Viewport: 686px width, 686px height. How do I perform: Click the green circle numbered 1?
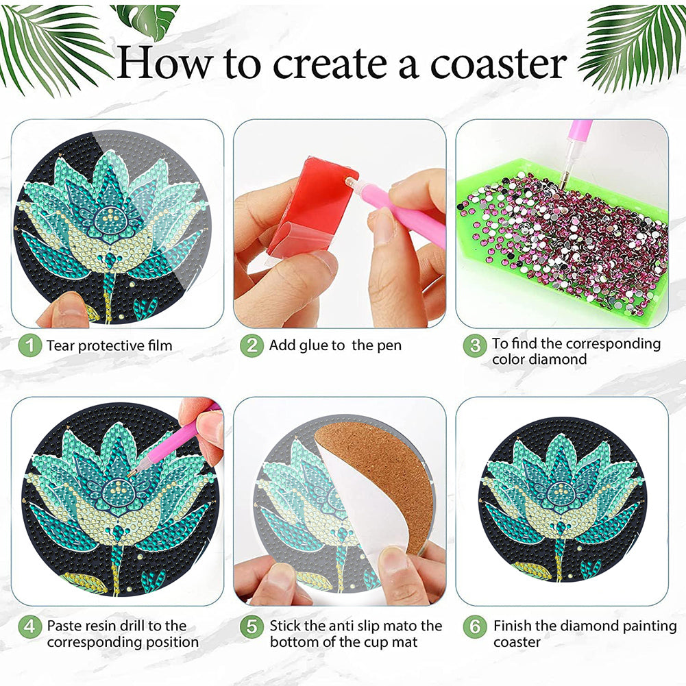click(x=29, y=345)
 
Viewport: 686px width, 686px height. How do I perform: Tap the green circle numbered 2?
click(x=252, y=345)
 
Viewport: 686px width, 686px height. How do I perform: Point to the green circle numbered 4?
click(x=29, y=626)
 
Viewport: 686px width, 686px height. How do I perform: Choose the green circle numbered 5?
click(x=252, y=626)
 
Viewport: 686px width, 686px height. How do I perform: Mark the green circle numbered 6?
click(x=475, y=626)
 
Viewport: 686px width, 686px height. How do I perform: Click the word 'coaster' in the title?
click(x=498, y=64)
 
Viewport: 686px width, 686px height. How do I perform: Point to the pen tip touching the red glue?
click(x=349, y=180)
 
